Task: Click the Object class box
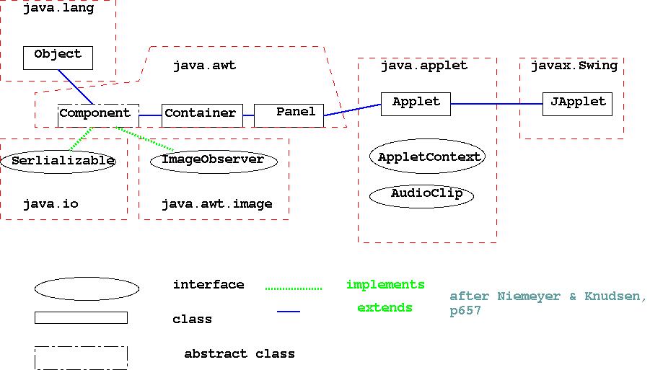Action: (58, 58)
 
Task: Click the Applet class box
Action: (416, 104)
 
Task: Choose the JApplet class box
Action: (577, 104)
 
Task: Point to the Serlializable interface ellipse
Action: (63, 161)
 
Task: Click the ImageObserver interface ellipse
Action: (214, 161)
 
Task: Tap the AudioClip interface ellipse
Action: (422, 195)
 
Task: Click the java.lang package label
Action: (58, 9)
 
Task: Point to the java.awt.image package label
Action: (216, 204)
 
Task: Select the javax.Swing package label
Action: (574, 66)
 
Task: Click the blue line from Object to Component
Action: (76, 87)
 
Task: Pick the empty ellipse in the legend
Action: (87, 289)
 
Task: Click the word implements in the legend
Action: (385, 284)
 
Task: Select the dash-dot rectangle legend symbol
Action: (81, 358)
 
